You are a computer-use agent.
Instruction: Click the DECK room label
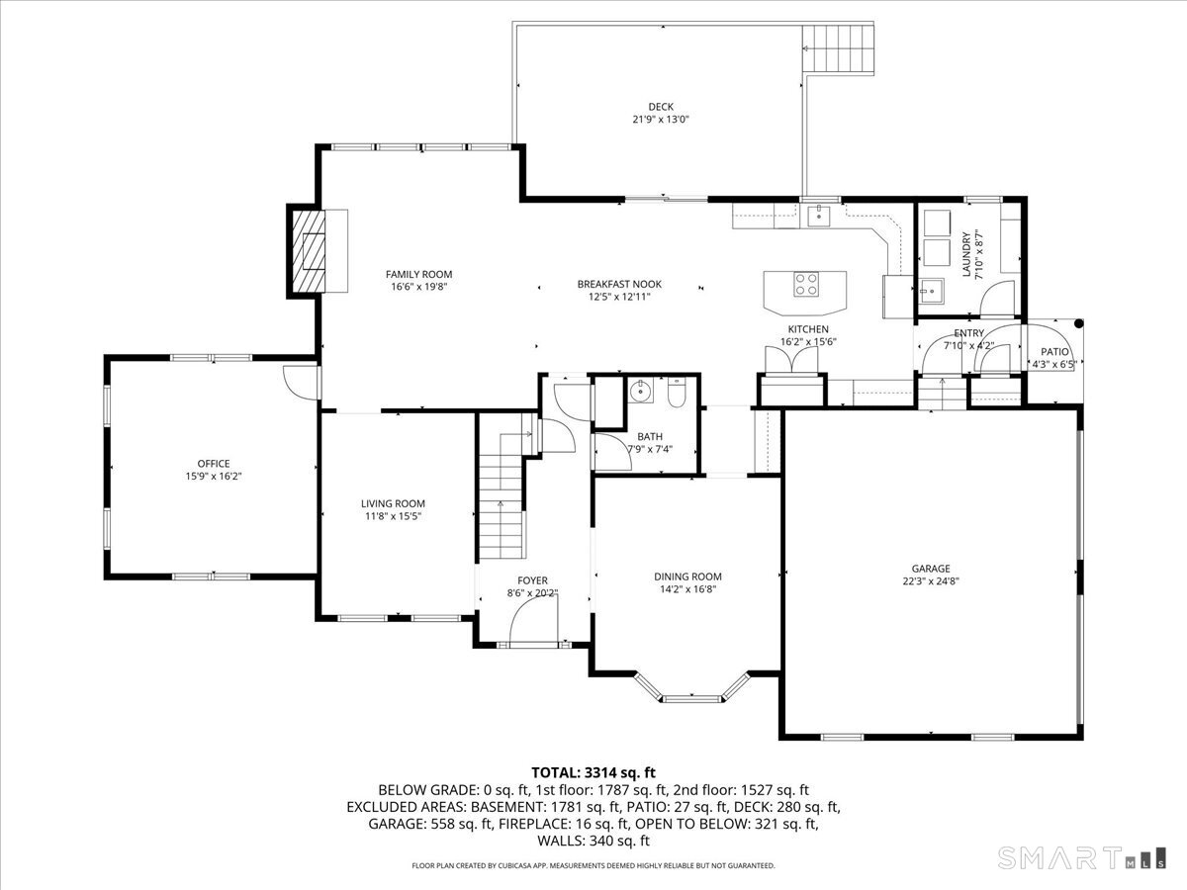[x=661, y=107]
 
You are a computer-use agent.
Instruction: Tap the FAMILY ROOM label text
[x=418, y=275]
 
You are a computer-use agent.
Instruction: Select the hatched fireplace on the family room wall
[x=309, y=251]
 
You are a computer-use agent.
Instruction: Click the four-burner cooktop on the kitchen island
[x=806, y=284]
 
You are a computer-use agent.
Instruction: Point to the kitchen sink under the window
[x=819, y=216]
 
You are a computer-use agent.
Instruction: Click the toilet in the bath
[x=677, y=393]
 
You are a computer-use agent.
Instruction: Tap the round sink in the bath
[x=641, y=390]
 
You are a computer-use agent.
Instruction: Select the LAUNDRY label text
[x=965, y=254]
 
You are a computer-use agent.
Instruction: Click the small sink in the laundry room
[x=931, y=293]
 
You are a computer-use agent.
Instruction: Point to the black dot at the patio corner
[x=1078, y=323]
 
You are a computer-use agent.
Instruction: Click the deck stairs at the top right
[x=838, y=48]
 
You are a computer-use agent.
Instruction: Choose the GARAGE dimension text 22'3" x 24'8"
[x=930, y=581]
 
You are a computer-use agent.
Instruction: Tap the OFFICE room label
[x=214, y=464]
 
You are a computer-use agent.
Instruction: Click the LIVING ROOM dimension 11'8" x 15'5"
[x=393, y=516]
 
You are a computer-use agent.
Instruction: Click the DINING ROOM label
[x=687, y=577]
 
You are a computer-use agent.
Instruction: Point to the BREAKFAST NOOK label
[x=619, y=284]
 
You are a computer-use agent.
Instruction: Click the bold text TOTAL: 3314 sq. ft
[x=593, y=772]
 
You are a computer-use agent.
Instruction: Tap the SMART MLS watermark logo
[x=1081, y=857]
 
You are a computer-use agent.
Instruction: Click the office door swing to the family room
[x=301, y=383]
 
